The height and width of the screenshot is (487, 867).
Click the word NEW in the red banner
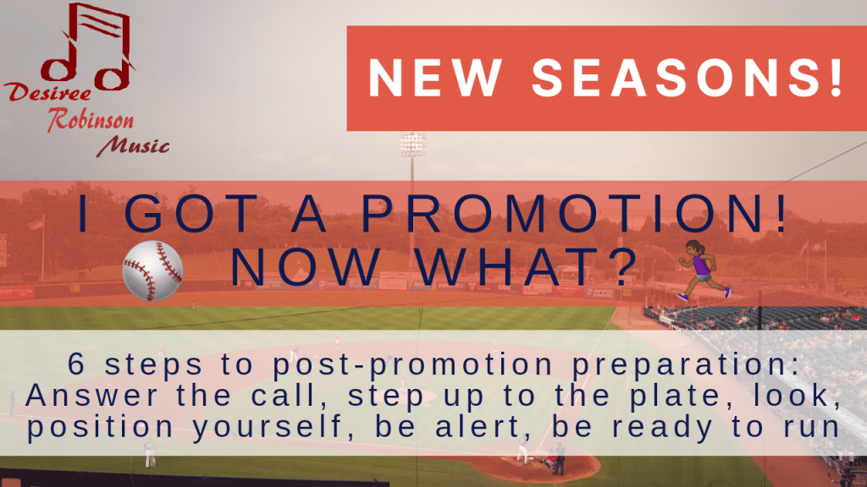(436, 77)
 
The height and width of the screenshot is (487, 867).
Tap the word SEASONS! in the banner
(688, 77)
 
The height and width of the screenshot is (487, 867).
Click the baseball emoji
(152, 271)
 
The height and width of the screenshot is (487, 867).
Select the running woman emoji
(704, 270)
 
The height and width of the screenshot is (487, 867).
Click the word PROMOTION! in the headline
(574, 214)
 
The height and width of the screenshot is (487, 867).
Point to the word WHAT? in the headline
(527, 267)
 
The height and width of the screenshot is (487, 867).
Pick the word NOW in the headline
(306, 267)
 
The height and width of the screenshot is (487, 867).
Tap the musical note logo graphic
(88, 47)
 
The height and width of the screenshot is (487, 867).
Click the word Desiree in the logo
(47, 92)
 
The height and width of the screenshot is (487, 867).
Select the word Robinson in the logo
(91, 120)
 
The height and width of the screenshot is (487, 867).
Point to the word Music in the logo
(133, 146)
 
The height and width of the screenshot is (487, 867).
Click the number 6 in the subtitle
(76, 364)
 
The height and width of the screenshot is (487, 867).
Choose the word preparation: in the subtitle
(686, 365)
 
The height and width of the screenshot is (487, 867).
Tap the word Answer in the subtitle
(91, 396)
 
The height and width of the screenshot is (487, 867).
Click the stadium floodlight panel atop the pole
(413, 144)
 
